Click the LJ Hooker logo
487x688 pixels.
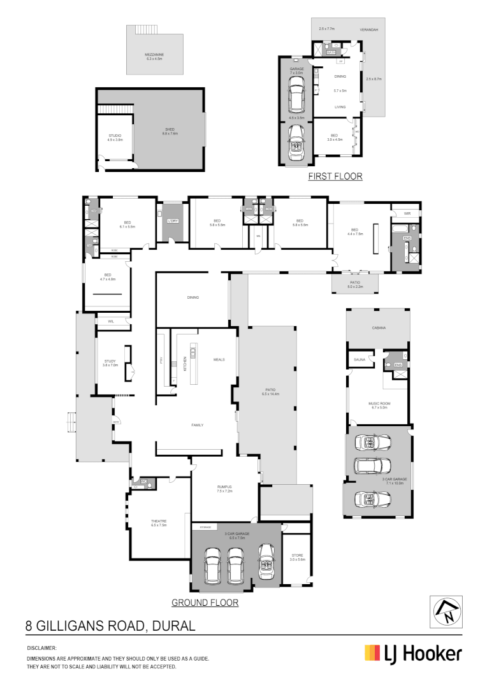point(412,653)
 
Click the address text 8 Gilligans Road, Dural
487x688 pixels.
point(110,626)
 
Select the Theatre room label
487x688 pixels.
point(159,522)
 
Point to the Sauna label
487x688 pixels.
point(359,360)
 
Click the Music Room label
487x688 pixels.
point(378,405)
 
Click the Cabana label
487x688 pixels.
point(379,328)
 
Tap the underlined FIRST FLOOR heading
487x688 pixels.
point(335,176)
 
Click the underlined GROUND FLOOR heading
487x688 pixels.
point(205,602)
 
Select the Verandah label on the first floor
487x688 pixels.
point(369,30)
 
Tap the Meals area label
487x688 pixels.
point(219,359)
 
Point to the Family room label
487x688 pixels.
point(197,425)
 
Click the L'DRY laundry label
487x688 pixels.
point(172,220)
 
